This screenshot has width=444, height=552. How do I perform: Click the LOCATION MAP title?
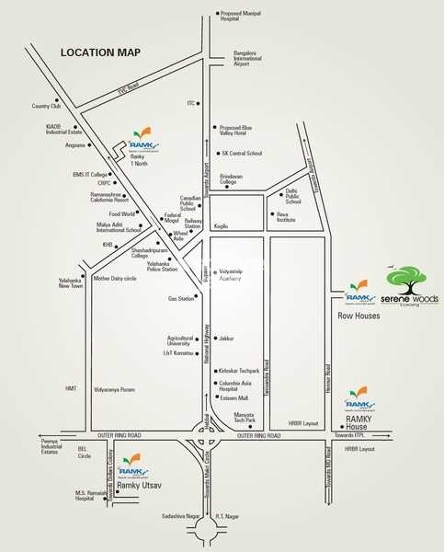click(x=100, y=53)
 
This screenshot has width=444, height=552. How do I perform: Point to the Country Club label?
click(x=40, y=106)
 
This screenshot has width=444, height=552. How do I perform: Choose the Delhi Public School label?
click(x=293, y=197)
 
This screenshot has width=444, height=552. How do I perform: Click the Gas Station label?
click(x=181, y=299)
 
